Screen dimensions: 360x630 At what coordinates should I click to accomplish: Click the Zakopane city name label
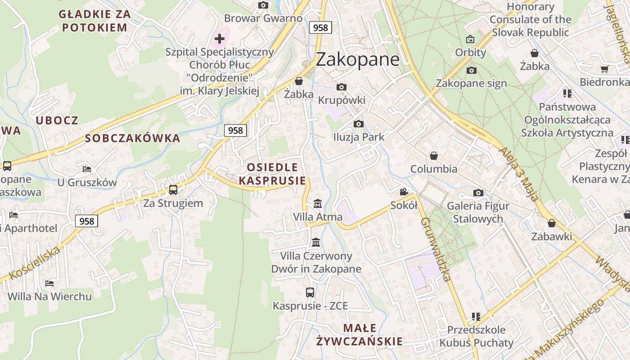358,59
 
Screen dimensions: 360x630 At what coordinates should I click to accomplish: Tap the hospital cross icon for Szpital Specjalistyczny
220,39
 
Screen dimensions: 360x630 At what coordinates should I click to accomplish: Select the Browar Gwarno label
263,18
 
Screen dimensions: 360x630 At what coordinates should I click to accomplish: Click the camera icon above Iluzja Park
359,124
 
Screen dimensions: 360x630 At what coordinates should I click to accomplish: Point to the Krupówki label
342,100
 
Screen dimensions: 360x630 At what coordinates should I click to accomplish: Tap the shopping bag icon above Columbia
434,156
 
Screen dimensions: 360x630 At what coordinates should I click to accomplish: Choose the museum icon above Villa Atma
318,204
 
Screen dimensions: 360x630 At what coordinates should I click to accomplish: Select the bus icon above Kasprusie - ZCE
310,292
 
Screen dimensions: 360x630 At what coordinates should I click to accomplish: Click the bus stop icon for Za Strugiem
173,190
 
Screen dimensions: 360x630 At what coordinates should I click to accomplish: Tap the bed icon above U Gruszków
87,169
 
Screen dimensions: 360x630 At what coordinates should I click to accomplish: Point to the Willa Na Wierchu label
49,297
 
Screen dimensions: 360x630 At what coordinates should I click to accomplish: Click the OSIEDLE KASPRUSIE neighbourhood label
272,174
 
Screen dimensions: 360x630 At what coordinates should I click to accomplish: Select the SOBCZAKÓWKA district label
133,138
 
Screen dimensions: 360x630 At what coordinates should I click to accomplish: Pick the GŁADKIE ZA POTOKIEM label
94,21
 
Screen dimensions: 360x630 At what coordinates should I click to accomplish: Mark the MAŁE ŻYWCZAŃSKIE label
359,334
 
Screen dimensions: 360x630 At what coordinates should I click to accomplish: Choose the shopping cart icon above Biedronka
604,69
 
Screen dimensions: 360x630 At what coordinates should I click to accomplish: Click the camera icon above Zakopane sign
472,70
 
